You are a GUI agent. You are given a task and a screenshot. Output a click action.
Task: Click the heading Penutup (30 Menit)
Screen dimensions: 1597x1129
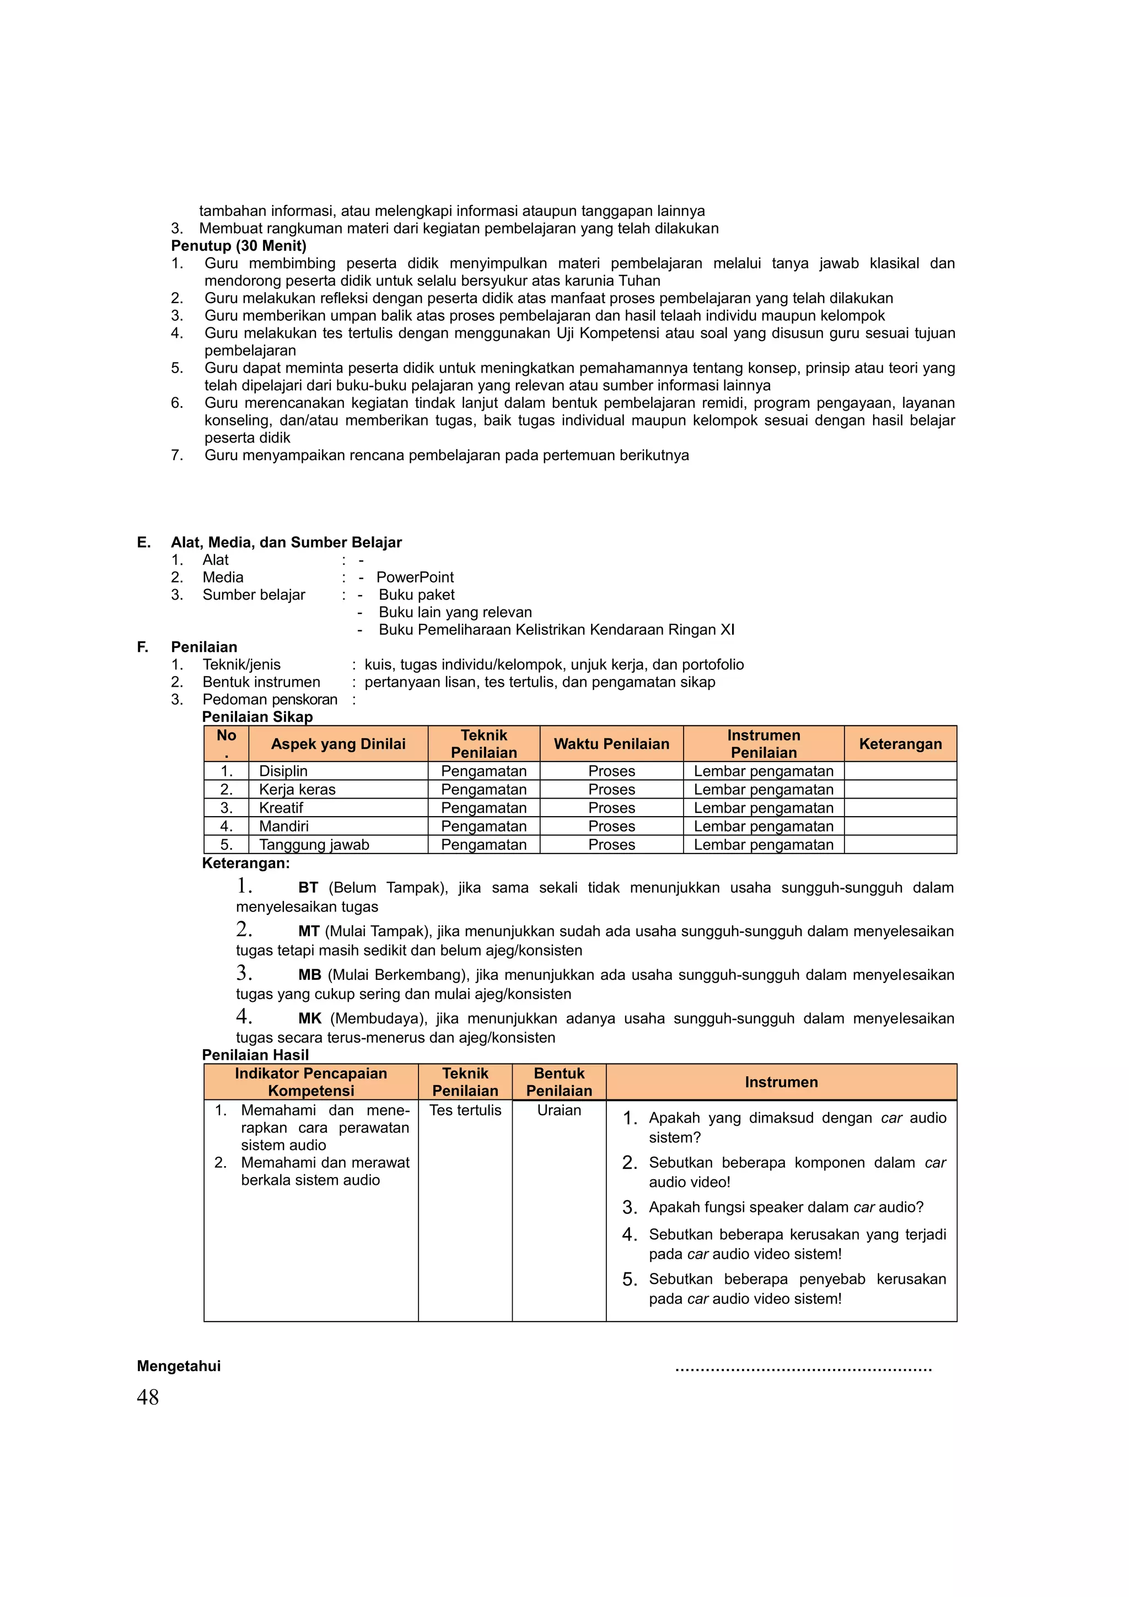[x=239, y=246]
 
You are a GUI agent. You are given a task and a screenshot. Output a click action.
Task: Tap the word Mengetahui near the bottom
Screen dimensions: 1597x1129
[x=179, y=1366]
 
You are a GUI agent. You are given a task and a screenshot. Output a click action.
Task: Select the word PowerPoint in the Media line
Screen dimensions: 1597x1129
[x=415, y=578]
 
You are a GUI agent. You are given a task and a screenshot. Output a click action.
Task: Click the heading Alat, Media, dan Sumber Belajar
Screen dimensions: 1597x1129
[x=286, y=543]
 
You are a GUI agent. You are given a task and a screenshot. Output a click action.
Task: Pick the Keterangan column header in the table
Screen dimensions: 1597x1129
[x=900, y=743]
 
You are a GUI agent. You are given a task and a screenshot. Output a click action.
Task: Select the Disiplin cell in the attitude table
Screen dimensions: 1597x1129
[x=283, y=771]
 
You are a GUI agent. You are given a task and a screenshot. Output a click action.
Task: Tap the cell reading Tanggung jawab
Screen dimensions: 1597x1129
[x=314, y=844]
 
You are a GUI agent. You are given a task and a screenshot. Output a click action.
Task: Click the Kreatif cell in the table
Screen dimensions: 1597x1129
[x=281, y=807]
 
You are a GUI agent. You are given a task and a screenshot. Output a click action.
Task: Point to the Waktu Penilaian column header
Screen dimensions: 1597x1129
[x=611, y=743]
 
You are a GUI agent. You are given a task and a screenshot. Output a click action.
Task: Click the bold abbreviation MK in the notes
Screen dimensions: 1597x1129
[x=310, y=1018]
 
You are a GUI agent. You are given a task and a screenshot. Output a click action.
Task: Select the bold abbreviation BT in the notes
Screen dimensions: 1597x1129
[x=308, y=888]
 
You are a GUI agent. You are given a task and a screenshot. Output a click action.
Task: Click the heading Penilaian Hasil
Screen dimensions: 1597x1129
[x=255, y=1054]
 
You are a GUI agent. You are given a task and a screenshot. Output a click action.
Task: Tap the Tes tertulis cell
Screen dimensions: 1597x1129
[x=465, y=1110]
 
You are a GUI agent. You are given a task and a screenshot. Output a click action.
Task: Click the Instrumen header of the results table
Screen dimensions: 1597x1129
[x=781, y=1082]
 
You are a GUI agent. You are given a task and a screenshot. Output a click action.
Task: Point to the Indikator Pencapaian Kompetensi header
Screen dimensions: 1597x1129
[x=311, y=1082]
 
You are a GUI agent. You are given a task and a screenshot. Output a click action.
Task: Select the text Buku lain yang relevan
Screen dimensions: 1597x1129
[x=455, y=612]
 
